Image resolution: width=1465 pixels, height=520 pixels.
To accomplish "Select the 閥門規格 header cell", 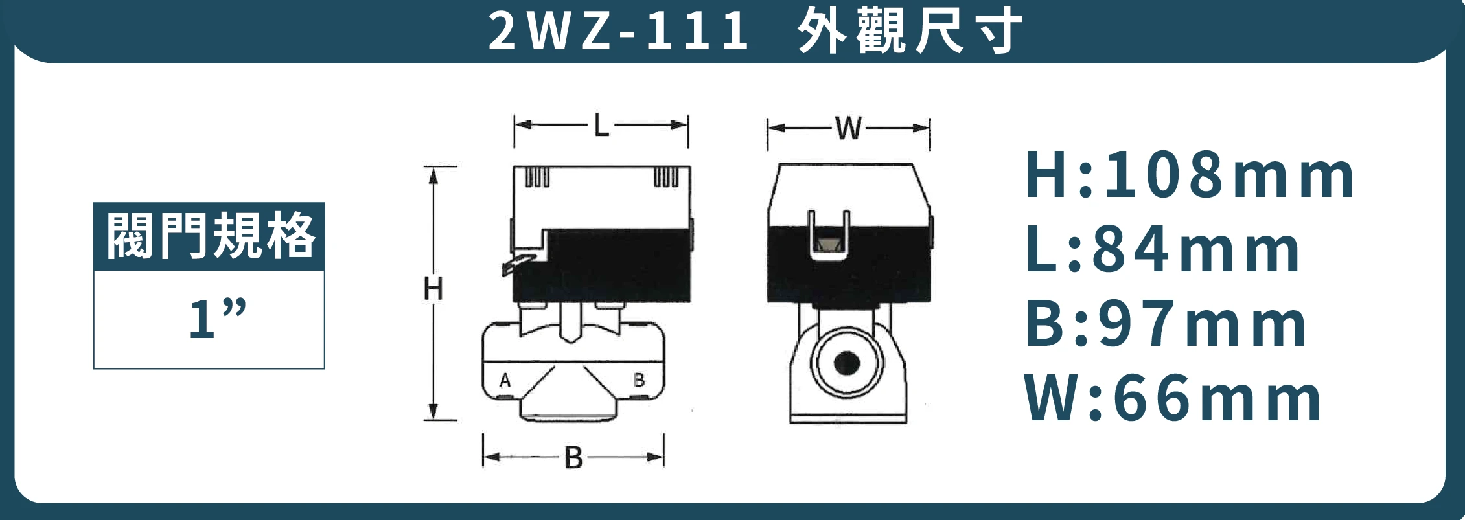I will (209, 236).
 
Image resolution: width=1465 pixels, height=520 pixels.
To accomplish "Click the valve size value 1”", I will (216, 319).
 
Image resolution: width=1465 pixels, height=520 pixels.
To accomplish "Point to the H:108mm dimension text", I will (1189, 175).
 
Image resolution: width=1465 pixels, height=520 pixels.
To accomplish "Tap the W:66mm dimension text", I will (1172, 399).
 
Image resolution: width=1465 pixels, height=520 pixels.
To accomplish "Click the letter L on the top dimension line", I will (601, 125).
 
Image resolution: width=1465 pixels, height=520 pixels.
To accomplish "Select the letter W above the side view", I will (849, 128).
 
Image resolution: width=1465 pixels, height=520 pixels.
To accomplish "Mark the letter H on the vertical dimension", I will (433, 289).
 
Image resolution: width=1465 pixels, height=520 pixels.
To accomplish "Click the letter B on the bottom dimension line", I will (573, 458).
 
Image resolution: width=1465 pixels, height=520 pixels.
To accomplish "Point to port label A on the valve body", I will (505, 380).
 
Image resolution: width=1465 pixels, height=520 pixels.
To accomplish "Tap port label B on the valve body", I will (639, 380).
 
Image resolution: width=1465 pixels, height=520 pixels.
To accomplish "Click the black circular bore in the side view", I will (847, 363).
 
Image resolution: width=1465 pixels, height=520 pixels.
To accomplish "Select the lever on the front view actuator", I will (518, 264).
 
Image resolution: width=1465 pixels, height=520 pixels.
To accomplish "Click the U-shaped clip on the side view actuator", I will (828, 236).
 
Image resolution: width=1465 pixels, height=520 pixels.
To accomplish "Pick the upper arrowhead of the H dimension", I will (433, 174).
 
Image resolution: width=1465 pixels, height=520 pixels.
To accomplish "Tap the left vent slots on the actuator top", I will (537, 177).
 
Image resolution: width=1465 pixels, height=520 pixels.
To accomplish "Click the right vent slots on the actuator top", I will (666, 177).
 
